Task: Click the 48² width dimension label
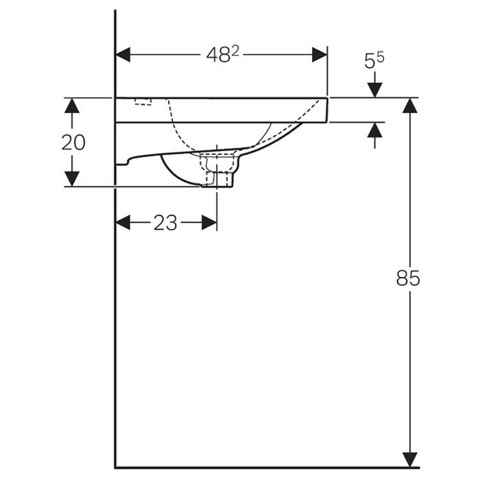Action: click(x=223, y=55)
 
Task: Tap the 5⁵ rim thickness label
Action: click(x=374, y=60)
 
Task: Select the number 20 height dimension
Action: click(x=73, y=143)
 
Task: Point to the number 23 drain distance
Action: click(x=165, y=223)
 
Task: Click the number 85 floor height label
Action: click(x=408, y=278)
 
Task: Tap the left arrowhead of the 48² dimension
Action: click(x=123, y=55)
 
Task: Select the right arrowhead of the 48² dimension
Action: click(x=320, y=55)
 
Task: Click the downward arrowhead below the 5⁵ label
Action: click(x=375, y=90)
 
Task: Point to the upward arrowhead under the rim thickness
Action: click(x=375, y=130)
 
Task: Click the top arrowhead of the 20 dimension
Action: click(x=72, y=106)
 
